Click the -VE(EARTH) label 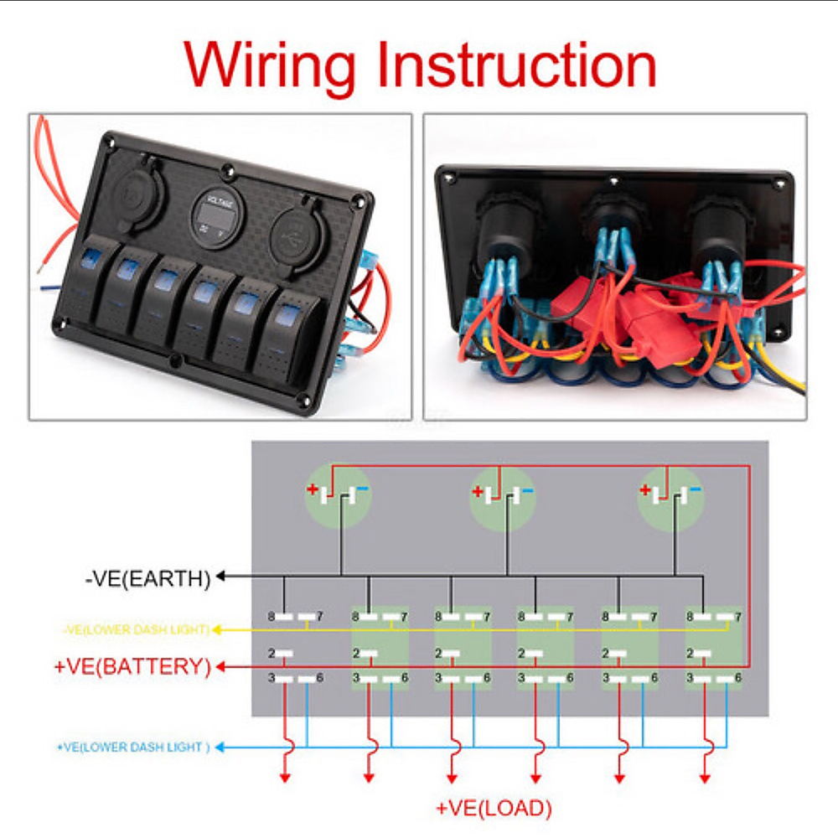click(x=147, y=578)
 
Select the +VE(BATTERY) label click(x=132, y=667)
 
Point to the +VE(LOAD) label click(x=494, y=809)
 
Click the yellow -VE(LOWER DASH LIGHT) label click(x=136, y=629)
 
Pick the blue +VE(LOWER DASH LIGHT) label click(x=133, y=747)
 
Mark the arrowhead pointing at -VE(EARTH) click(x=222, y=577)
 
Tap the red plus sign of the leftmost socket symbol click(x=313, y=490)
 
